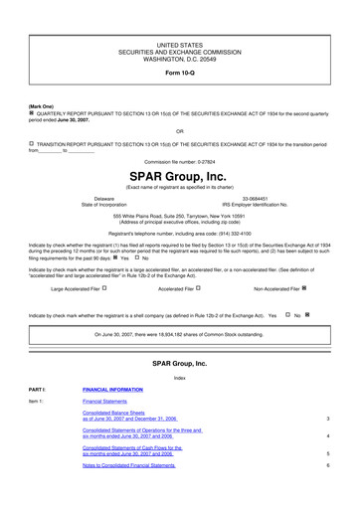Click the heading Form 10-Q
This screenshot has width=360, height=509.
[x=180, y=75]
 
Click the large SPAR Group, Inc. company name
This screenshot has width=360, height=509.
[x=180, y=176]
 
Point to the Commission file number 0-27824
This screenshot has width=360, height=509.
[x=180, y=160]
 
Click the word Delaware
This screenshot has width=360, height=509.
[x=103, y=199]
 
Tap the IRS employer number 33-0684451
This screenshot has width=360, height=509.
[x=258, y=199]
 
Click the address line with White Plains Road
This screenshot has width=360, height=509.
[x=180, y=216]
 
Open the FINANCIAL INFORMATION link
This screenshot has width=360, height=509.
[x=112, y=390]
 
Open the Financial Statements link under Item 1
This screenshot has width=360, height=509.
[x=107, y=402]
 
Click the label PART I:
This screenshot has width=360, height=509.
[x=38, y=390]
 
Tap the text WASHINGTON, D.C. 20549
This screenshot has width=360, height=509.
[x=180, y=59]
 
